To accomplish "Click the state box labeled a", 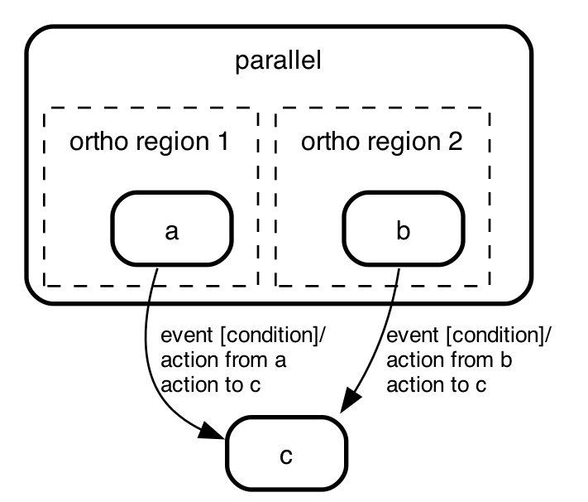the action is tap(172, 229).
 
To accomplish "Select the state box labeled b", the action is tap(404, 229).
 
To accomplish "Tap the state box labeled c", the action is tap(286, 453).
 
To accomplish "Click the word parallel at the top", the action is tap(278, 60).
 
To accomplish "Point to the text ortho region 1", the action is tap(149, 142).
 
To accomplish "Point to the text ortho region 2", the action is tap(382, 142).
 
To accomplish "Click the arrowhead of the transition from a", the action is tap(212, 432).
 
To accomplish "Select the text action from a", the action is tap(223, 360).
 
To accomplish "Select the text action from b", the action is tap(449, 360).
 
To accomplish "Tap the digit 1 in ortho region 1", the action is tap(223, 142).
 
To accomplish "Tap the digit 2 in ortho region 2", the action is tap(456, 142).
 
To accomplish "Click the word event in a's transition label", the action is tap(187, 335).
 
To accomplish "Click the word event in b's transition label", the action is tap(413, 335).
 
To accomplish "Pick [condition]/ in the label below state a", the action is tap(274, 335).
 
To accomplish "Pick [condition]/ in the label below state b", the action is tap(500, 335).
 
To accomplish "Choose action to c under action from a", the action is tap(211, 384).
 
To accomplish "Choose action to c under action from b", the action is tap(437, 384).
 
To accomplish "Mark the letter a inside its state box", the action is tap(172, 232).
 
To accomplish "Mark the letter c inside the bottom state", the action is tap(286, 456).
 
